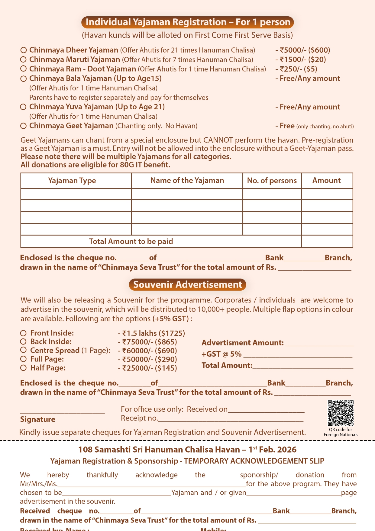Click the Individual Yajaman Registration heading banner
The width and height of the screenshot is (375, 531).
(187, 22)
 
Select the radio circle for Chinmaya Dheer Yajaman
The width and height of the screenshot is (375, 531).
(24, 50)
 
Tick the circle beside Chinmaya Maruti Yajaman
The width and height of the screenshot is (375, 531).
(24, 59)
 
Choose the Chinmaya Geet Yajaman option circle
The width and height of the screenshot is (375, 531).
(24, 126)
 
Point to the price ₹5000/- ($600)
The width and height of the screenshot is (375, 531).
(303, 50)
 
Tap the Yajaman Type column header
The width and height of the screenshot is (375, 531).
(72, 181)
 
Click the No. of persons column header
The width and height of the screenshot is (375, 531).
(272, 181)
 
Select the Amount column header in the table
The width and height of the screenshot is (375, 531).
(327, 181)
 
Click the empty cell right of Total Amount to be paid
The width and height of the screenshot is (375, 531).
(327, 241)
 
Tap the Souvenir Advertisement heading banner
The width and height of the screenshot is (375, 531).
(187, 285)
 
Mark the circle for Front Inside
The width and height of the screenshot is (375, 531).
(24, 333)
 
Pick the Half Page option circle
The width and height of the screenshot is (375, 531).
(24, 368)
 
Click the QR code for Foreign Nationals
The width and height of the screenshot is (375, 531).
(341, 413)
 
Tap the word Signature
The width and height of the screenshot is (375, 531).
(38, 419)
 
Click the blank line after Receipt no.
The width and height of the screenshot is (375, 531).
(231, 419)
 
